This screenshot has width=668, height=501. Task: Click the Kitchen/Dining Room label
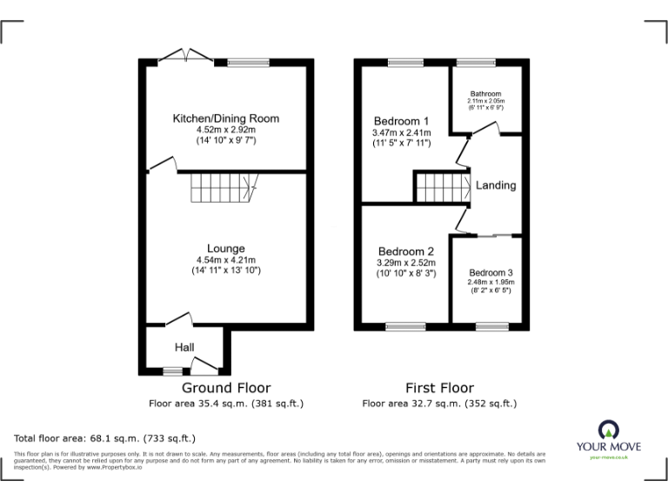pos(225,118)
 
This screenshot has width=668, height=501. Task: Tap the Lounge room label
pos(225,248)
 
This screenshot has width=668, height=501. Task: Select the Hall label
pos(184,347)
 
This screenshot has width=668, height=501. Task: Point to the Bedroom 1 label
pos(401,121)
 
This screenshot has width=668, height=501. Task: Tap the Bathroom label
pos(486,94)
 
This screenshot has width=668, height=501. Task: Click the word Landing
pos(496,185)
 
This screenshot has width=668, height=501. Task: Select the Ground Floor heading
pos(225,388)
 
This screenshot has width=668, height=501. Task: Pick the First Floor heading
pos(439,388)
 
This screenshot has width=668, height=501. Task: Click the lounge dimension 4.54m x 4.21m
pos(225,259)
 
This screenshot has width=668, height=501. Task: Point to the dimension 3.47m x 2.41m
pos(401,132)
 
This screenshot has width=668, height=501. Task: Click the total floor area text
pos(105,438)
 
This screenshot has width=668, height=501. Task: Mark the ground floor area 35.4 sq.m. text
pos(225,404)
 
